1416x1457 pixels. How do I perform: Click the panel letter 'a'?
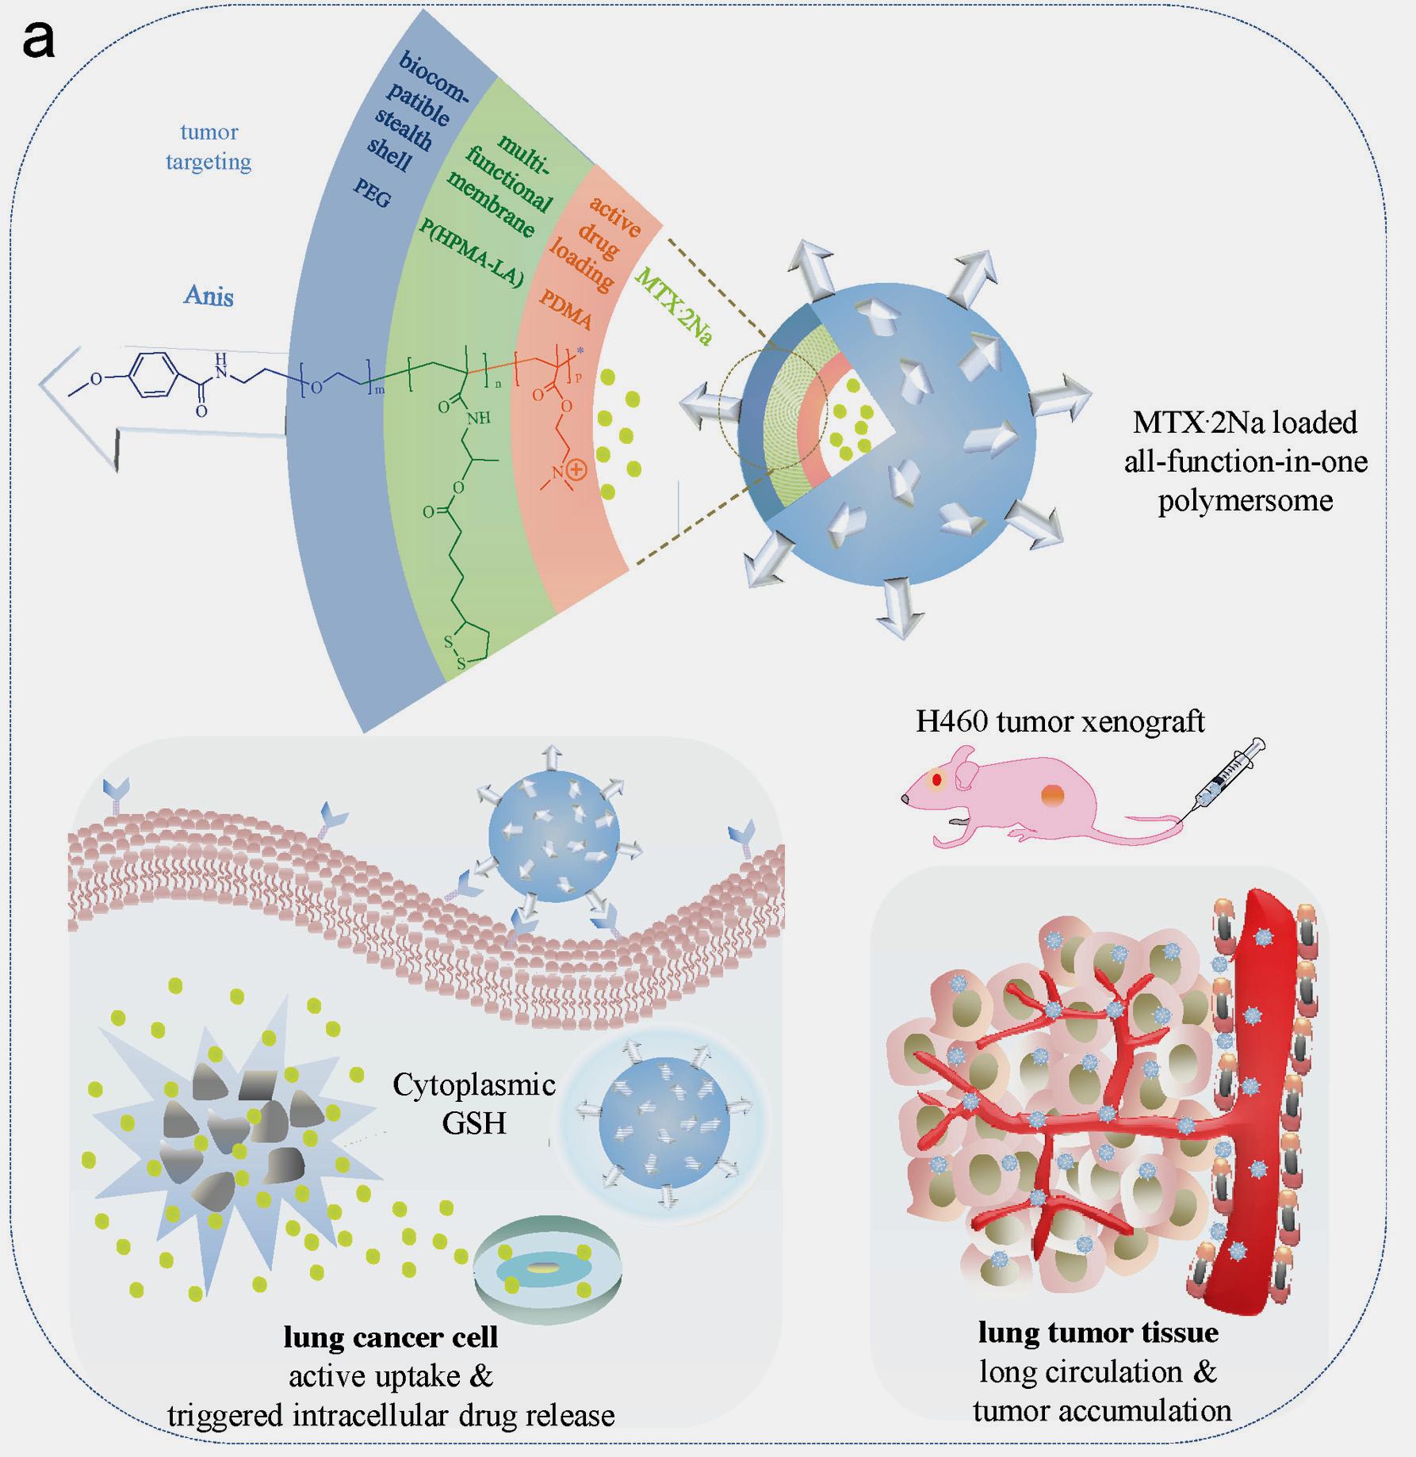pyautogui.click(x=39, y=40)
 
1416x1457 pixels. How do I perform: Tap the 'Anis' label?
pyautogui.click(x=209, y=296)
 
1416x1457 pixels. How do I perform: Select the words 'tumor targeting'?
pyautogui.click(x=209, y=147)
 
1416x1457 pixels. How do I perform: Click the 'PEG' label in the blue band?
pyautogui.click(x=372, y=193)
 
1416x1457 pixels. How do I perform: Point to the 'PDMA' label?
pyautogui.click(x=566, y=308)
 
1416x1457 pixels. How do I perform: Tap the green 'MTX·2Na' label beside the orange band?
pyautogui.click(x=673, y=305)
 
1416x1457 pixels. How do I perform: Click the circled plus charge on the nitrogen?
pyautogui.click(x=576, y=470)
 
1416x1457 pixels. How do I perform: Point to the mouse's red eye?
pyautogui.click(x=937, y=779)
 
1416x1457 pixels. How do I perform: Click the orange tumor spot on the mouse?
pyautogui.click(x=1054, y=795)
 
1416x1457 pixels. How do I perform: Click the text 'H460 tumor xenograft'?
pyautogui.click(x=1060, y=721)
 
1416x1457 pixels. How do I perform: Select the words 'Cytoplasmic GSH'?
pyautogui.click(x=474, y=1103)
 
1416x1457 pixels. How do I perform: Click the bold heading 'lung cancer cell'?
pyautogui.click(x=391, y=1337)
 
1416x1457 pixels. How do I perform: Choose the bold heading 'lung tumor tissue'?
pyautogui.click(x=1098, y=1333)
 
